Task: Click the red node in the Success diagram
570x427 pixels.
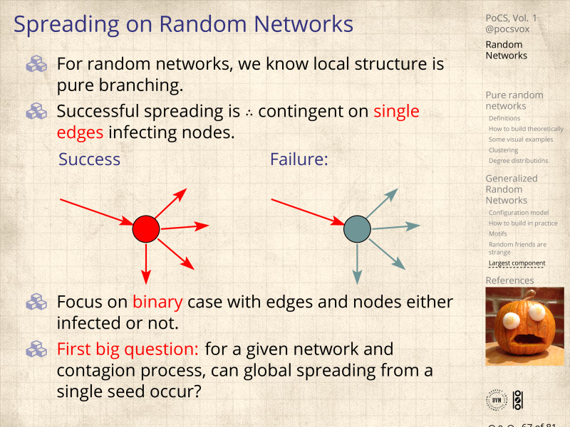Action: (145, 228)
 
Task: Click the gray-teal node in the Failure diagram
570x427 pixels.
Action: (357, 228)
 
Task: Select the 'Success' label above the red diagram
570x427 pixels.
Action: (89, 159)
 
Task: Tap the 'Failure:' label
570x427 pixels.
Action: (299, 159)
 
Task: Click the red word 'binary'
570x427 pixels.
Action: (157, 302)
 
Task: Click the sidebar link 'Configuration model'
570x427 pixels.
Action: (519, 213)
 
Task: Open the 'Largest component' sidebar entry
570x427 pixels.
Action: (517, 263)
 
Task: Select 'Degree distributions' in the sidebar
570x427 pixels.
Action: (518, 161)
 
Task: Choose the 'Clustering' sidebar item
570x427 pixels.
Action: (503, 150)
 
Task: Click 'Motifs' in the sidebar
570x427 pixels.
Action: (497, 233)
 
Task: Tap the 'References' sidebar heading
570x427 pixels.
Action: (509, 280)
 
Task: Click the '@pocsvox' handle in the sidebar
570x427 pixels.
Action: (507, 29)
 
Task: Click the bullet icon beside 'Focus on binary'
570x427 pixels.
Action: (36, 302)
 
